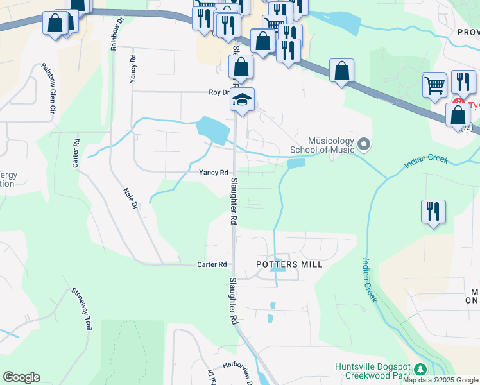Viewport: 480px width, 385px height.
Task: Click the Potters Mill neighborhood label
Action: coord(289,264)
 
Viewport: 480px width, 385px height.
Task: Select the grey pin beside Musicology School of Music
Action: coord(364,144)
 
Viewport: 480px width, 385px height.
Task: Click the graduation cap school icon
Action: coord(242,99)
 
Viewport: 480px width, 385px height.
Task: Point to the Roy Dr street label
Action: coord(219,92)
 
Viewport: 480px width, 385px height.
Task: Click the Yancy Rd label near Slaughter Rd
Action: coord(213,173)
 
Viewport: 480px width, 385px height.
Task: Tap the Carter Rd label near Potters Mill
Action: coord(212,264)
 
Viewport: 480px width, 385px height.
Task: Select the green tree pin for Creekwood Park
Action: coord(420,370)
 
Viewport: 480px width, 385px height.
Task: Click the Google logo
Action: coord(21,377)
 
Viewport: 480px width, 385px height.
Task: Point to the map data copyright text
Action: coord(441,380)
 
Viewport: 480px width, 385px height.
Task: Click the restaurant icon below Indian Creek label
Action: coord(433,211)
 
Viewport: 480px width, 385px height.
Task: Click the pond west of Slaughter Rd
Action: coord(212,130)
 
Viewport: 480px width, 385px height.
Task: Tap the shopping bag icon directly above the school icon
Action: coord(241,67)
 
